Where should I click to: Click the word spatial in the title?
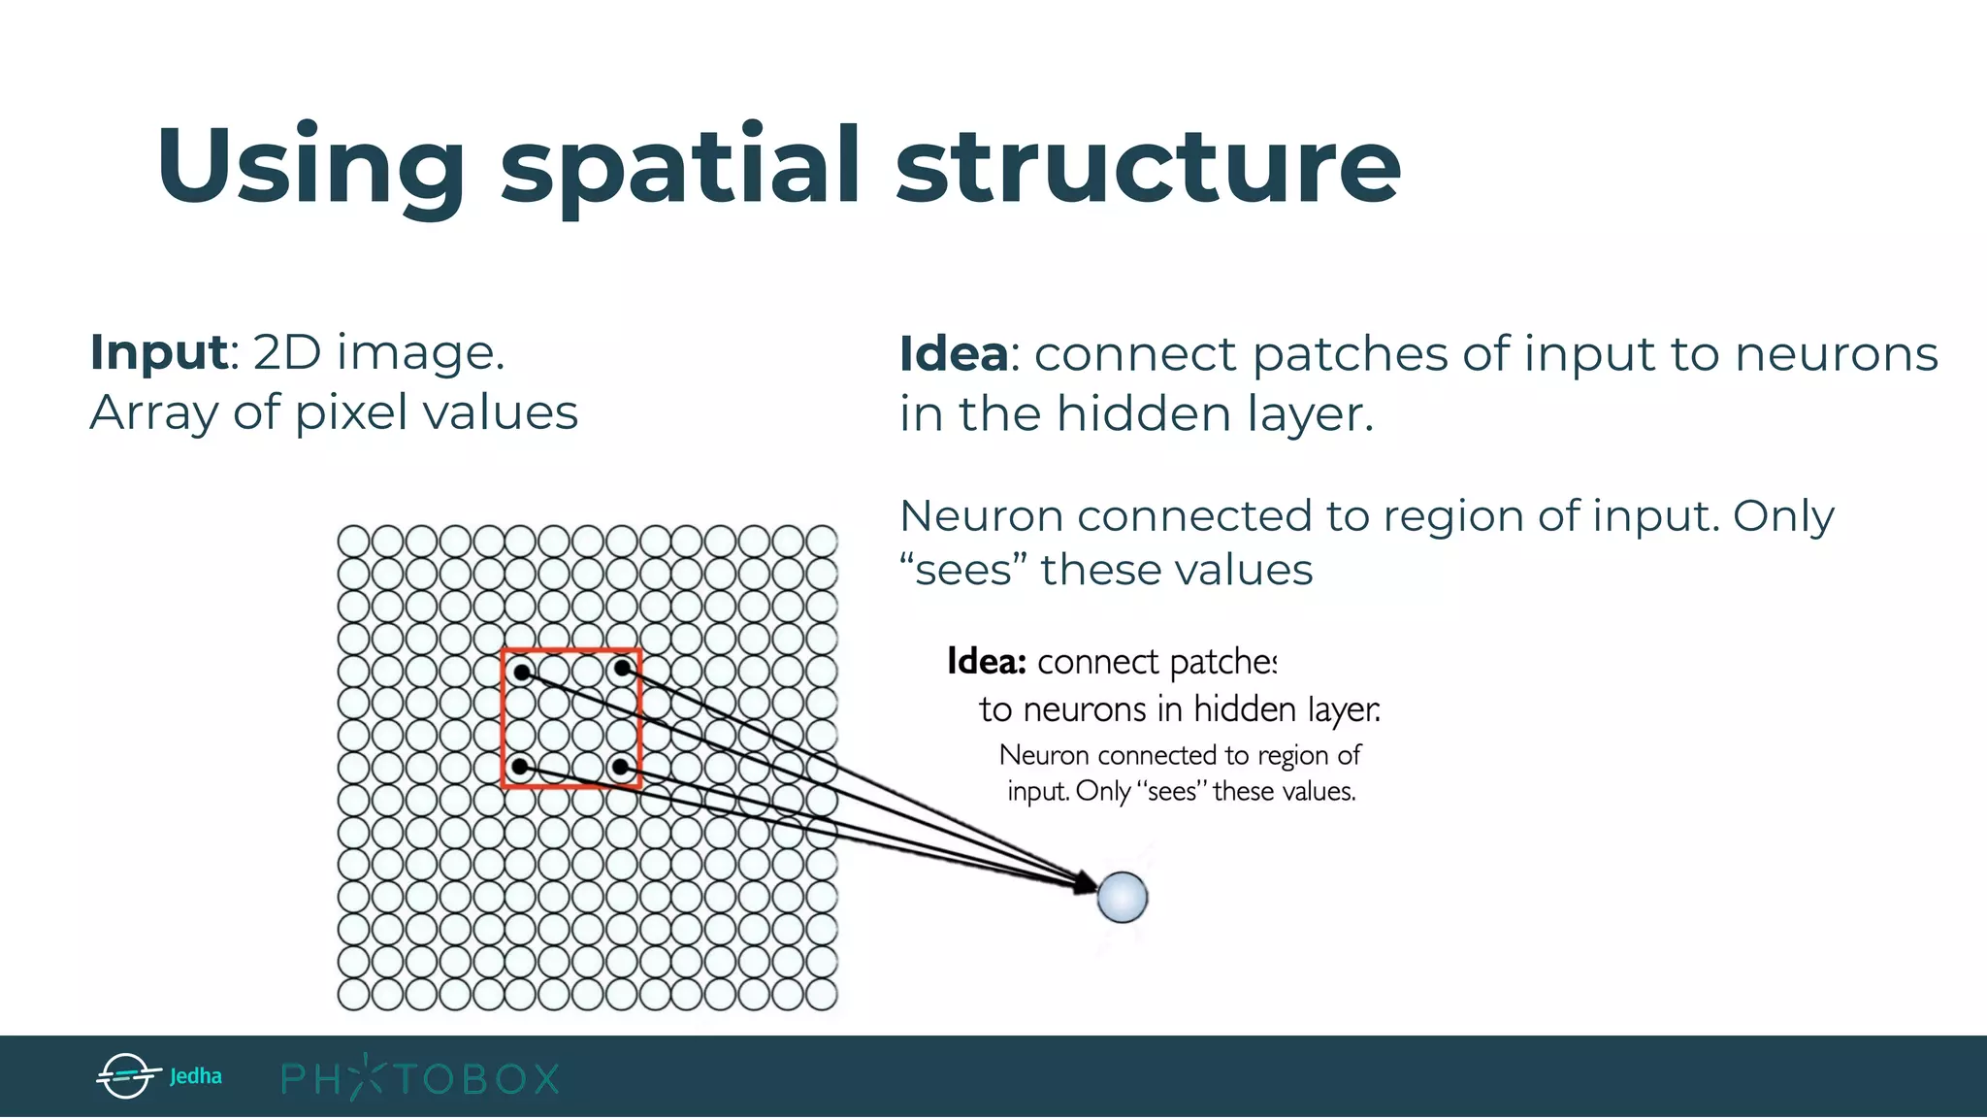coord(679,167)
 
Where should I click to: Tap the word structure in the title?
coord(1148,167)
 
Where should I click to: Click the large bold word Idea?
coord(954,353)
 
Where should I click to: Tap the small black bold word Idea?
coord(986,662)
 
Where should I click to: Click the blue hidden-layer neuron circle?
coord(1123,896)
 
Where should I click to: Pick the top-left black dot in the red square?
coord(522,672)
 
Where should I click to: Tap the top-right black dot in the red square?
coord(622,668)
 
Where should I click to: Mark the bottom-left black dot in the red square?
coord(520,767)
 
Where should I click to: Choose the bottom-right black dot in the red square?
coord(621,767)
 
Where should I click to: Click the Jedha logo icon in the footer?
coord(126,1076)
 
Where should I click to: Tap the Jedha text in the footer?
coord(195,1076)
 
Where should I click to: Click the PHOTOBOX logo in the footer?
coord(420,1078)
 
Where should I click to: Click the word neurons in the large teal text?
coord(1836,353)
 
